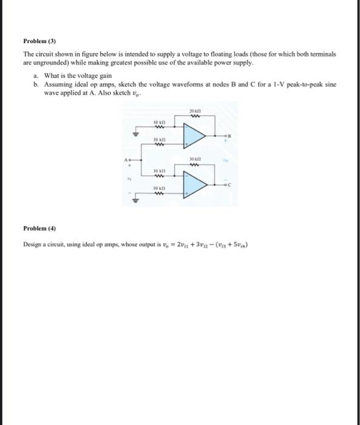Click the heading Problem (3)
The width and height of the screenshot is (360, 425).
pyautogui.click(x=39, y=42)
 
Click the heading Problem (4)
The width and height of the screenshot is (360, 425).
pyautogui.click(x=39, y=229)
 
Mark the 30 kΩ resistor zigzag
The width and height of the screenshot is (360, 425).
pyautogui.click(x=194, y=162)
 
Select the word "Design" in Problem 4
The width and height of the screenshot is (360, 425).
pyautogui.click(x=34, y=244)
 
